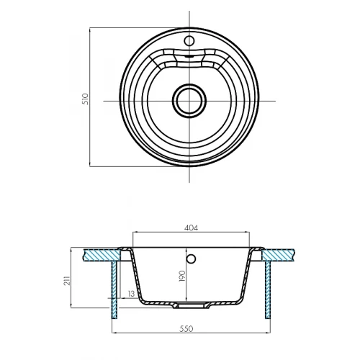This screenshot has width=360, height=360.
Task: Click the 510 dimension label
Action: tap(86, 99)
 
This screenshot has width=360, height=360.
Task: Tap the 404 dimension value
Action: tap(191, 228)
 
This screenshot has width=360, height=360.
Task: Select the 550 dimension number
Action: tap(186, 328)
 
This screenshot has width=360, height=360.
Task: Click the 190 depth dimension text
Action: tap(182, 276)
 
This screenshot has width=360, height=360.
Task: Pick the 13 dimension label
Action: tap(132, 294)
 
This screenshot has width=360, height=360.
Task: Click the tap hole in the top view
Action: tap(189, 41)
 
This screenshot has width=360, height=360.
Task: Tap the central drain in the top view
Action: tap(189, 101)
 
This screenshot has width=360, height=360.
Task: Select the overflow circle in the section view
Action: tap(191, 258)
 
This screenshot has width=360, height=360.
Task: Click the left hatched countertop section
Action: tap(102, 255)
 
